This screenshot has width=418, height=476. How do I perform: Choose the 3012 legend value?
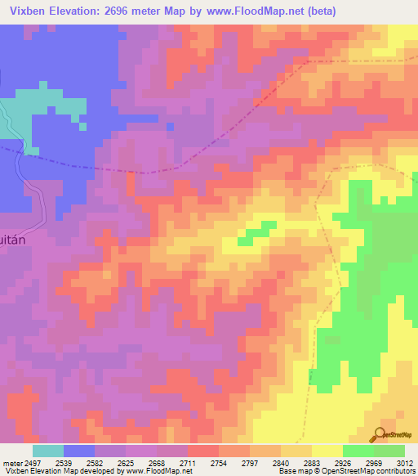(405, 462)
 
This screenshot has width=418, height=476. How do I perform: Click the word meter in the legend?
(11, 462)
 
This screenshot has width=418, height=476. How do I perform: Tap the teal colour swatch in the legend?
(48, 451)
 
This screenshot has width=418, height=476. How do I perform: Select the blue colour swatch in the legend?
(79, 451)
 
